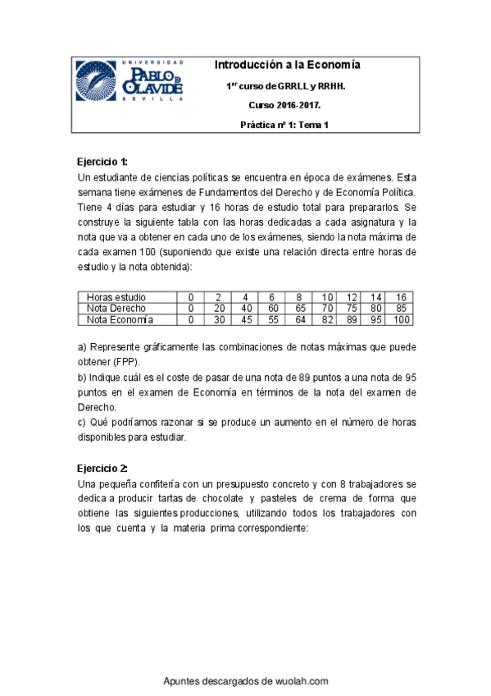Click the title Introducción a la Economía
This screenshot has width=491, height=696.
point(287,65)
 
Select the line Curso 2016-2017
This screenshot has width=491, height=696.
point(285,106)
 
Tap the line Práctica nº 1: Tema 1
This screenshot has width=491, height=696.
point(284,125)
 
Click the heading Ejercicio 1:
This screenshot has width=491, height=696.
point(102,161)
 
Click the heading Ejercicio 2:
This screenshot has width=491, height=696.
point(102,468)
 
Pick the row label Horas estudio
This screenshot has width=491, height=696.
point(116,297)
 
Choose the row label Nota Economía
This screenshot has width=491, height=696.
point(120,319)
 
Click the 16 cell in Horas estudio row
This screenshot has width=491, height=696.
point(401,297)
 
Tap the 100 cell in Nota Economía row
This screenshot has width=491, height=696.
point(402,319)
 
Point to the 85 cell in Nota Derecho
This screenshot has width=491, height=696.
point(401,308)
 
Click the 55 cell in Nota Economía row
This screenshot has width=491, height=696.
point(273,319)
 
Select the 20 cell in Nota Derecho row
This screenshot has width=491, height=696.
point(219,308)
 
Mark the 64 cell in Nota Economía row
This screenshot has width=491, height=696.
point(300,319)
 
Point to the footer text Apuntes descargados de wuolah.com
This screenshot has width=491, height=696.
point(246,680)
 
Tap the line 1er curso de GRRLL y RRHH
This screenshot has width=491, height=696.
point(285,85)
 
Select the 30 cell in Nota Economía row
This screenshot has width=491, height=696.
point(219,319)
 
